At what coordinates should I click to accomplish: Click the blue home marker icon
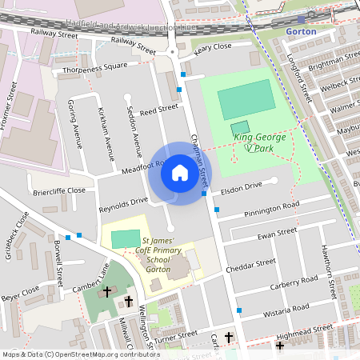pos(180,173)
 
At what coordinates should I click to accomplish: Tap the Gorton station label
pos(301,32)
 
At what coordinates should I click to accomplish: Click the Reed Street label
pos(158,109)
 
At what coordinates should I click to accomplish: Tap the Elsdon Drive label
pos(241,186)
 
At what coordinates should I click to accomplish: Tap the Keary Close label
pos(213,47)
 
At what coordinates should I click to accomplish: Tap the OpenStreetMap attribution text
pos(80,354)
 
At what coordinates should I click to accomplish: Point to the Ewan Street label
pos(277,237)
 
